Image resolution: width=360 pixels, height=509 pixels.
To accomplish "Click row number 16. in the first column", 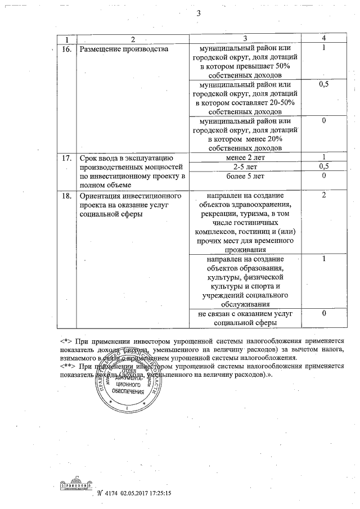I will click(66, 49).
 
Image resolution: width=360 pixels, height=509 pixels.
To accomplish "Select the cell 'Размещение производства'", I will click(124, 49).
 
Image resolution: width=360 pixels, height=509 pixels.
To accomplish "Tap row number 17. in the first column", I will click(66, 157).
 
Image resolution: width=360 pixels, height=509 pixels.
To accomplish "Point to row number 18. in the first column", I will click(66, 196).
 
